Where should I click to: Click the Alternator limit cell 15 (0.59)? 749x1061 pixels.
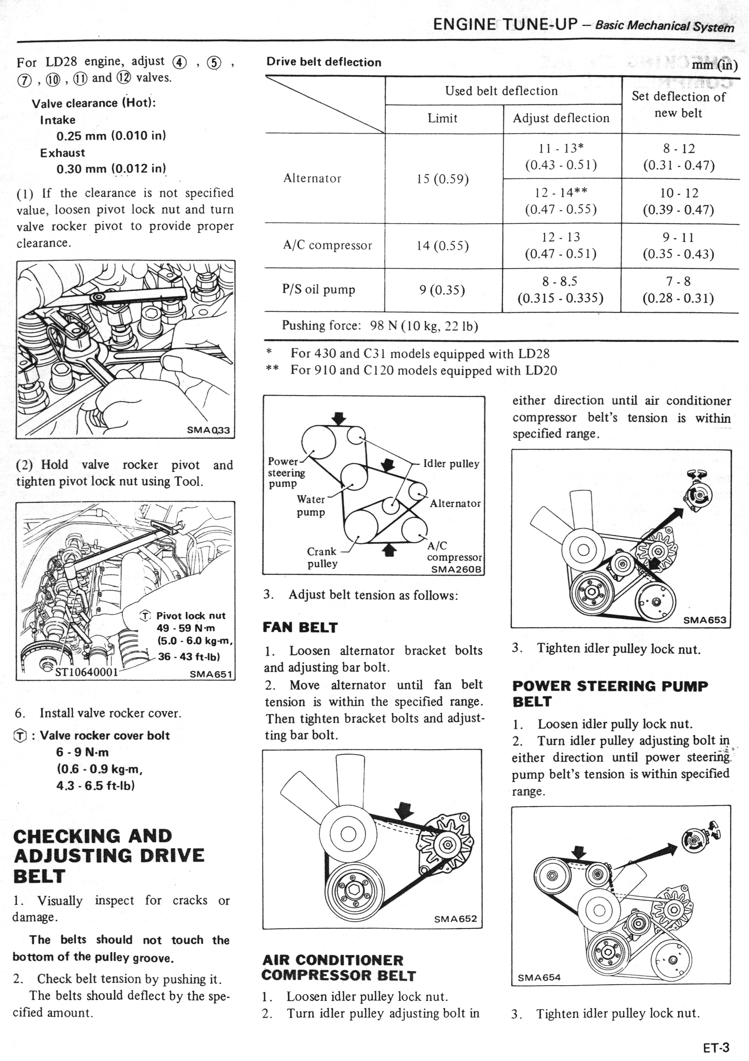[443, 179]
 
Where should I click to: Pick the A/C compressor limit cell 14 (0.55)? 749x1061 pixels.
[443, 246]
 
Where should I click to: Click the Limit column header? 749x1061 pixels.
[443, 118]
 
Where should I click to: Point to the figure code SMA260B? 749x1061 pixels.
[456, 569]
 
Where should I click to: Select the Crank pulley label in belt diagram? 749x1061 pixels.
[322, 557]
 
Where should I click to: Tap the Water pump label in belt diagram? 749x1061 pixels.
[311, 506]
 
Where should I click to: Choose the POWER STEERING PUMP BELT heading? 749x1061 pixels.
[609, 693]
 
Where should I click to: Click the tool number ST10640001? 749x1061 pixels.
[87, 672]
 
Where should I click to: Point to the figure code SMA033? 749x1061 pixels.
[208, 430]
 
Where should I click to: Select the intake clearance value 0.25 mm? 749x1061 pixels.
[111, 136]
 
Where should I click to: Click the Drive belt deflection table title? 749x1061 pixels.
[323, 62]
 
